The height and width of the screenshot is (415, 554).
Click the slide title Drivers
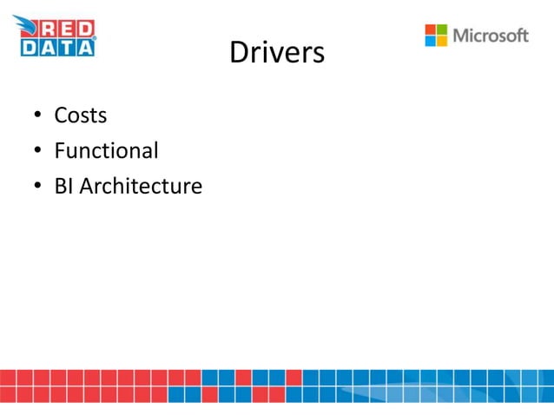[276, 54]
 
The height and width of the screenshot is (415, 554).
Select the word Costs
[80, 115]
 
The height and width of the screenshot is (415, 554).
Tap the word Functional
[106, 151]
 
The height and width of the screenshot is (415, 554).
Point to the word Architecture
[141, 187]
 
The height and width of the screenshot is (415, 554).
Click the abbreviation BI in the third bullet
[63, 187]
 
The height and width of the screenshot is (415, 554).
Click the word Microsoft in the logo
[491, 36]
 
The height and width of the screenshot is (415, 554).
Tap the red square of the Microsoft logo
[430, 29]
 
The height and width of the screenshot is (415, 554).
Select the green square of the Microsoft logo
[441, 29]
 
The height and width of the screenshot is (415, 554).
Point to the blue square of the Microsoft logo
[430, 41]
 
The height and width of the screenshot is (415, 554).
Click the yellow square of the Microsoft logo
[441, 41]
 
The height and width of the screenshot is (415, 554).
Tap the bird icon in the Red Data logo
[23, 26]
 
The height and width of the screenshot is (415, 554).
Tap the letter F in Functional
[59, 151]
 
